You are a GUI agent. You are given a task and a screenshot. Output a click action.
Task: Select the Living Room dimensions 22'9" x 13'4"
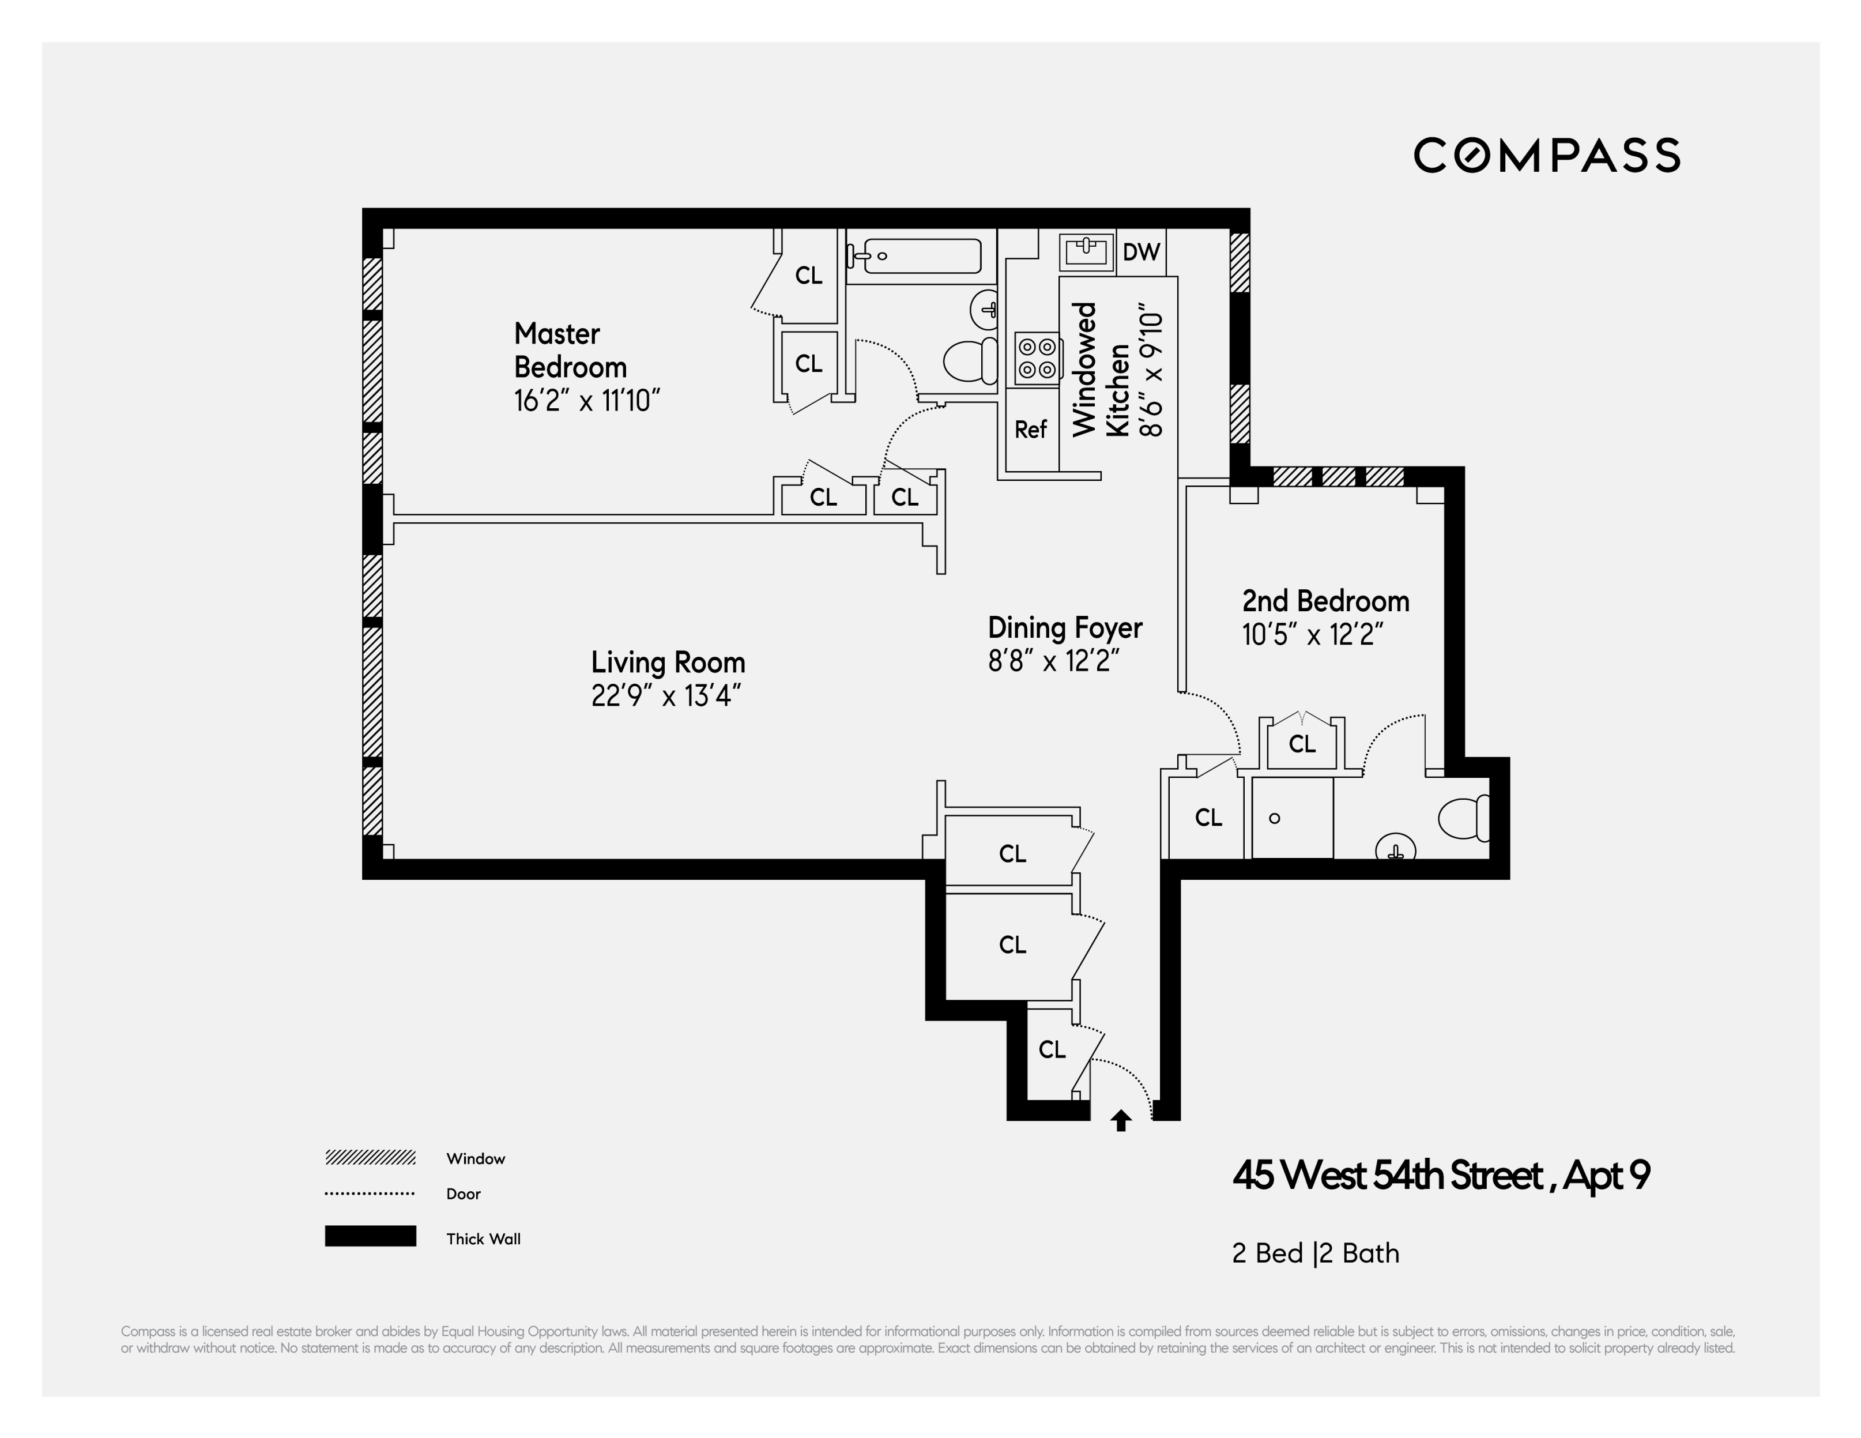pos(665,697)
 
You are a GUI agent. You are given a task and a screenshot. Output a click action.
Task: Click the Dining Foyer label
pos(1064,628)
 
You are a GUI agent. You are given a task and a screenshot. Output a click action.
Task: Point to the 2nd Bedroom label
pos(1325,602)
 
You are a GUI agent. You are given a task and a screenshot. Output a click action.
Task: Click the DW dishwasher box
pos(1141,253)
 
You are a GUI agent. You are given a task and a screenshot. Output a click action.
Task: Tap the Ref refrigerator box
pos(1030,430)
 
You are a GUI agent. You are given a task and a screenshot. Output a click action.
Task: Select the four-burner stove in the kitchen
pos(1037,358)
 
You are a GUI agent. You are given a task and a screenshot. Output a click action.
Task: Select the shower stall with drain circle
pos(1291,818)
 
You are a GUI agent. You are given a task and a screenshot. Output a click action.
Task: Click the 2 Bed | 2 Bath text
pos(1315,1253)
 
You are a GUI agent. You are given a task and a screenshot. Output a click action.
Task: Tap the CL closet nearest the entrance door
pos(1052,1050)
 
